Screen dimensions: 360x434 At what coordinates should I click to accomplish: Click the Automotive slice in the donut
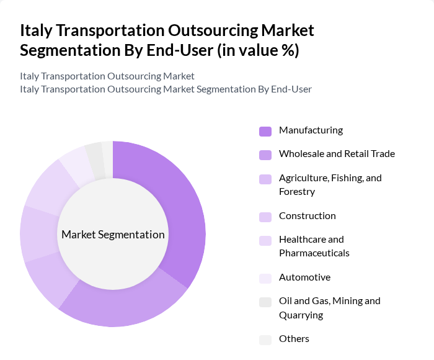(x=75, y=164)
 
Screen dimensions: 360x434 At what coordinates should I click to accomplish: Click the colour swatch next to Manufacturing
(x=265, y=131)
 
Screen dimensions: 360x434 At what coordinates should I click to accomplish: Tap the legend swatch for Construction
(x=265, y=217)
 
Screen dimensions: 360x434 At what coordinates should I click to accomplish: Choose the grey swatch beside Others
(x=265, y=340)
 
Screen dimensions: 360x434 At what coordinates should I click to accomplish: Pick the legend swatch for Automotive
(x=265, y=278)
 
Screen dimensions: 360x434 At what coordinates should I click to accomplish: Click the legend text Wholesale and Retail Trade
(x=337, y=154)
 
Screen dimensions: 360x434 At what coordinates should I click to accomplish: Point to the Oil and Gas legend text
(x=329, y=301)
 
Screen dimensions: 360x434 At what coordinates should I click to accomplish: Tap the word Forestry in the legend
(x=297, y=192)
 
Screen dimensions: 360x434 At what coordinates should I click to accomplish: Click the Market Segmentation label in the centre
(x=113, y=235)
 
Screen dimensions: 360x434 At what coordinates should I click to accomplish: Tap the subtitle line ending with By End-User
(x=166, y=89)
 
